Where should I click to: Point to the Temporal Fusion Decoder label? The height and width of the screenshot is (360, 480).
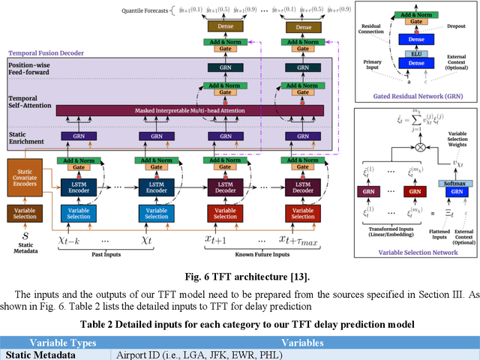point(46,54)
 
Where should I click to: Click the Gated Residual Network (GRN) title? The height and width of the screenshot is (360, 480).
point(415,97)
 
